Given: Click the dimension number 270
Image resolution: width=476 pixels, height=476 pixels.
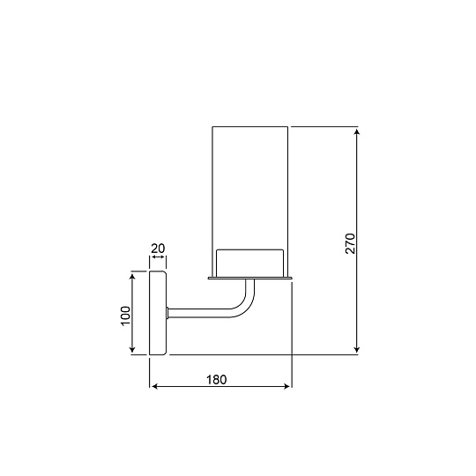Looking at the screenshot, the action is click(350, 243).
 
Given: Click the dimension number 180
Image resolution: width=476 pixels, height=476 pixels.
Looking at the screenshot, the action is click(217, 379).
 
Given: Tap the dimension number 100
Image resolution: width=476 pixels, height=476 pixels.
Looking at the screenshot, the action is click(125, 316).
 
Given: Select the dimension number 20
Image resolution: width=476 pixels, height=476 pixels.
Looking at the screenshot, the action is click(158, 249).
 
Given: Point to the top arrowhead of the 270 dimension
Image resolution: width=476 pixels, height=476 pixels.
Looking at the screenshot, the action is click(357, 131).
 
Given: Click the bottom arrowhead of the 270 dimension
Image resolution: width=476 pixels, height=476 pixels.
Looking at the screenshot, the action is click(357, 349).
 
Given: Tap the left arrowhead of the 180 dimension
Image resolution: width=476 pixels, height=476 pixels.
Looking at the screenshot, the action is click(154, 386).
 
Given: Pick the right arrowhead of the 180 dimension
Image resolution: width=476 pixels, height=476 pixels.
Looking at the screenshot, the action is click(286, 386).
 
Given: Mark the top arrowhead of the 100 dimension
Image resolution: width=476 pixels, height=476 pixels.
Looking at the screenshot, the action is click(132, 276).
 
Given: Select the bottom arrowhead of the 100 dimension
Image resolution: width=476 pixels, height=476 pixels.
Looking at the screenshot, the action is click(132, 349).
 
